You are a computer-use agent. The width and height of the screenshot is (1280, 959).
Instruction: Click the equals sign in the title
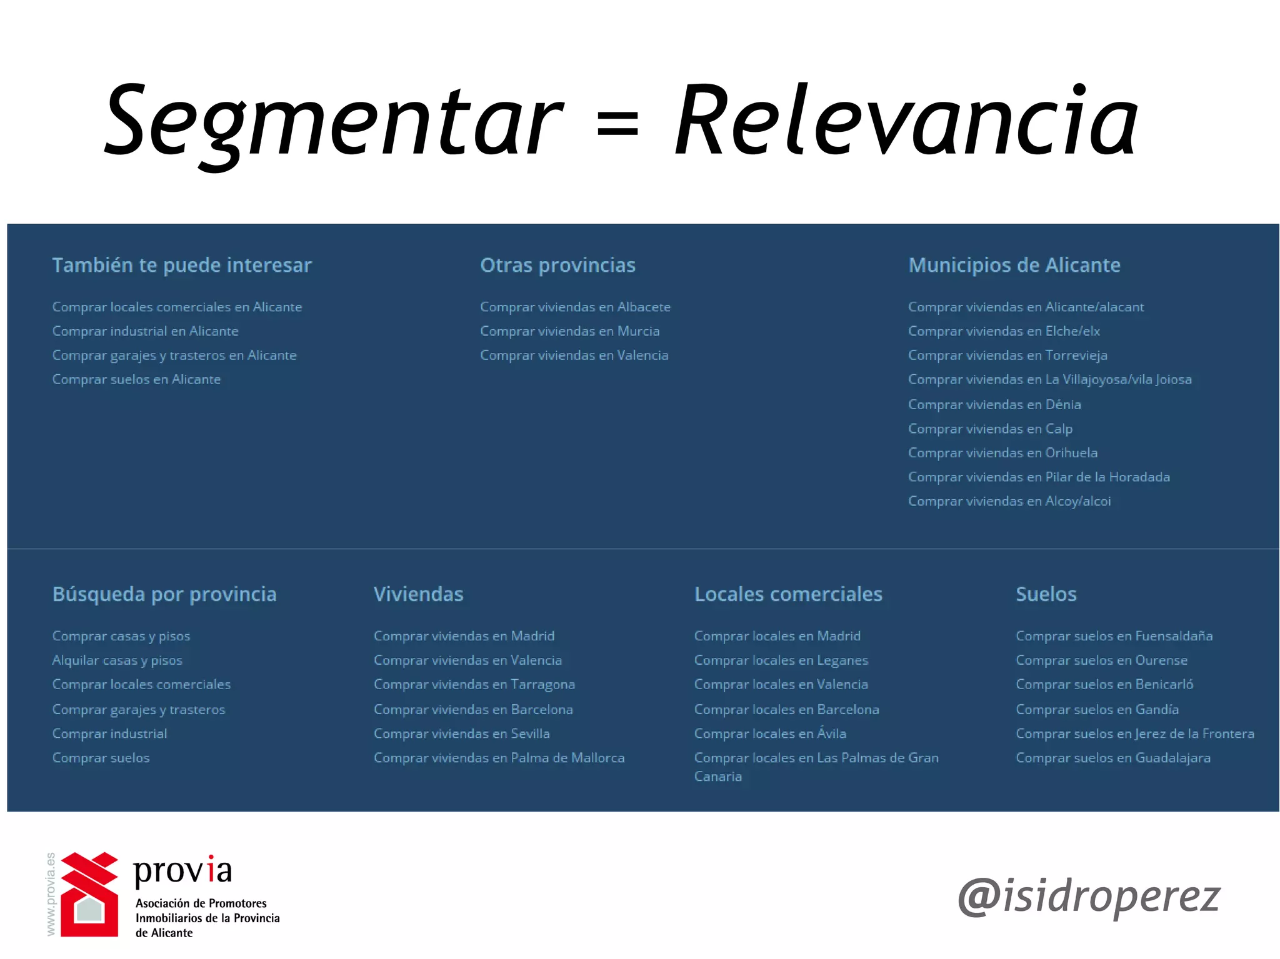pos(617,122)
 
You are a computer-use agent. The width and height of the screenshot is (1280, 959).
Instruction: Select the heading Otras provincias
pos(557,265)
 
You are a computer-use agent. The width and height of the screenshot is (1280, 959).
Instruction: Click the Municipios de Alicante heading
pos(1014,265)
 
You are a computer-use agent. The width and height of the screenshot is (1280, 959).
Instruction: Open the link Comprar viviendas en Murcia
pos(569,331)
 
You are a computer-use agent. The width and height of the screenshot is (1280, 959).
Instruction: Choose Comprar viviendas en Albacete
pos(575,307)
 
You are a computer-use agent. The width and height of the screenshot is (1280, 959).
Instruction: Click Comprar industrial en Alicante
pos(145,331)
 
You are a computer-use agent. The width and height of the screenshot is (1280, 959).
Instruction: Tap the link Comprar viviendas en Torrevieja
pos(1007,355)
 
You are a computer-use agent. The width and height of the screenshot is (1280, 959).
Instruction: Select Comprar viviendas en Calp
pos(990,429)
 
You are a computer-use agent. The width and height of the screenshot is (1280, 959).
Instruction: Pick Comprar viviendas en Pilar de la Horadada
pos(1039,477)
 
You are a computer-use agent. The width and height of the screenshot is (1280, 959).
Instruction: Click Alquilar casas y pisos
pos(117,660)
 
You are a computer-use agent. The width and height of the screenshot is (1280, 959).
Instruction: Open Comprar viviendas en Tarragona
pos(474,685)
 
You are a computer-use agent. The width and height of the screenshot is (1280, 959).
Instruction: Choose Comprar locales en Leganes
pos(781,660)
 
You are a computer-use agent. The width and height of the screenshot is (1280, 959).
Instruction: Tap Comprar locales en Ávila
pos(770,733)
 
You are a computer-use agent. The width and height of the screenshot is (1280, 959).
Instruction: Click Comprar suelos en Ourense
pos(1101,660)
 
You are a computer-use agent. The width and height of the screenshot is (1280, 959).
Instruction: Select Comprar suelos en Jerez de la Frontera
pos(1134,733)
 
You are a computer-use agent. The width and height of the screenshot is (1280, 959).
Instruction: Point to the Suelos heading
pos(1046,594)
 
